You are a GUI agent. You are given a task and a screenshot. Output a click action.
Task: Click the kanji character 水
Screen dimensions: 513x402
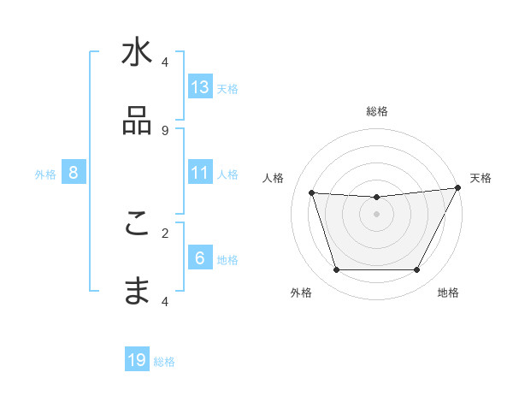137,53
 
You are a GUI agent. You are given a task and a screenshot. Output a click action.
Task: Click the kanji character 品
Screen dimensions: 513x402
137,121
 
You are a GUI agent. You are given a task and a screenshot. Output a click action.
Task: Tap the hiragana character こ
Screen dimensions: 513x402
137,224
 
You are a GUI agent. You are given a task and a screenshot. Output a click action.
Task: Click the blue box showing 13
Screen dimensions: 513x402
200,87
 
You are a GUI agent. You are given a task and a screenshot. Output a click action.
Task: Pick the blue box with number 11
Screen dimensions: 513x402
200,173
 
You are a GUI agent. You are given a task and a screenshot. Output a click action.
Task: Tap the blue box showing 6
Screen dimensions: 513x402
200,258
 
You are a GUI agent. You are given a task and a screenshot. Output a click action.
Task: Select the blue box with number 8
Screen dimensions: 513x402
74,173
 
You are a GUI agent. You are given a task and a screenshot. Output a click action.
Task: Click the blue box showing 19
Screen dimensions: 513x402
137,360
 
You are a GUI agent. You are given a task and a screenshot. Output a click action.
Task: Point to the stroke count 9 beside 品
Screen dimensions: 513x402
165,130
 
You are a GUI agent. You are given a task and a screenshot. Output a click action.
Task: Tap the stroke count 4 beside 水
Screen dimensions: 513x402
165,62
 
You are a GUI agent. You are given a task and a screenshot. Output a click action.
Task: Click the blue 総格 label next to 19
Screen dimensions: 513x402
164,362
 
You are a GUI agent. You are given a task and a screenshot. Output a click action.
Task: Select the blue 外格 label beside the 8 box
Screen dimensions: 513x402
45,174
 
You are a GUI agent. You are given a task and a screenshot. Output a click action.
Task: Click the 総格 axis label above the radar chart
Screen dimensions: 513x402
377,111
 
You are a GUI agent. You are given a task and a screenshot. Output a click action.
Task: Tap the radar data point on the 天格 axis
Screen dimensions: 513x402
459,188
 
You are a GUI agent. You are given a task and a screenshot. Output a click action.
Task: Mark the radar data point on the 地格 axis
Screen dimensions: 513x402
417,270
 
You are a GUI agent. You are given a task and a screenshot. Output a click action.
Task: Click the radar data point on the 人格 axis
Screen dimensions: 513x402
312,193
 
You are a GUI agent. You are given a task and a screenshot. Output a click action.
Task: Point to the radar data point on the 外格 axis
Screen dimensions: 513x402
336,270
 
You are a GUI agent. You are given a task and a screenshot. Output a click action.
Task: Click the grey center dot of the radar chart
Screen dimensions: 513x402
377,214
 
